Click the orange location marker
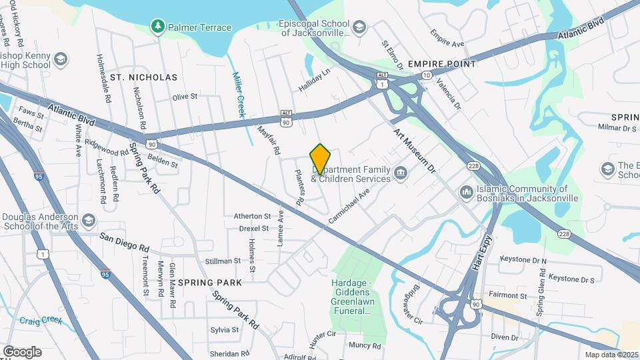click(321, 159)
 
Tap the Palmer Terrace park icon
click(158, 27)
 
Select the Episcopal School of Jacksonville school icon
click(359, 27)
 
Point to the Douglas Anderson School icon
click(88, 220)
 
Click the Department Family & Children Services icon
click(401, 174)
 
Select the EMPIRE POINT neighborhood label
click(442, 64)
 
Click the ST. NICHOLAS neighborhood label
click(144, 77)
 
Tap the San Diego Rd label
click(124, 242)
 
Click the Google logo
click(22, 351)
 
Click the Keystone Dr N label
click(523, 260)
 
